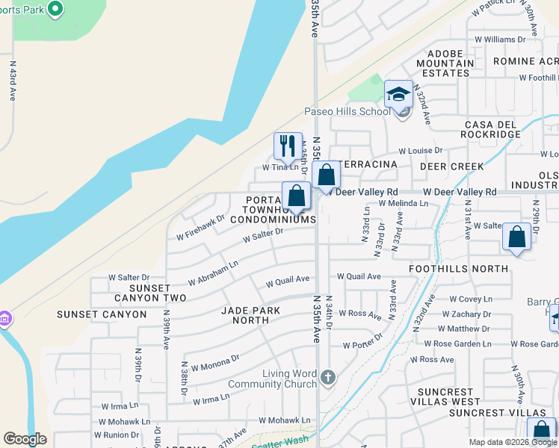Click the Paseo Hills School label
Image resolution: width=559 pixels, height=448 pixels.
click(347, 112)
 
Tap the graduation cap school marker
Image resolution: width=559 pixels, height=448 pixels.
click(398, 94)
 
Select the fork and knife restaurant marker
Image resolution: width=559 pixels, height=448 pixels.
click(288, 146)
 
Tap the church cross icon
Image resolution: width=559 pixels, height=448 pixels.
click(327, 379)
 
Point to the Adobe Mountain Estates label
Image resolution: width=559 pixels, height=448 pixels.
click(450, 63)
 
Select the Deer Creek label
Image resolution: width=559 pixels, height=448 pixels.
click(448, 166)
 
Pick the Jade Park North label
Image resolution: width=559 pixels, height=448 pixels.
click(251, 315)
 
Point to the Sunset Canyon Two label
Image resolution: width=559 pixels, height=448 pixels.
click(157, 293)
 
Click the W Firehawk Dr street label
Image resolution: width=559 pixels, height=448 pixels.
click(200, 228)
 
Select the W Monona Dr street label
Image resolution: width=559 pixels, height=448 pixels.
click(214, 363)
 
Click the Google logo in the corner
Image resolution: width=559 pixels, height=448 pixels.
click(25, 440)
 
